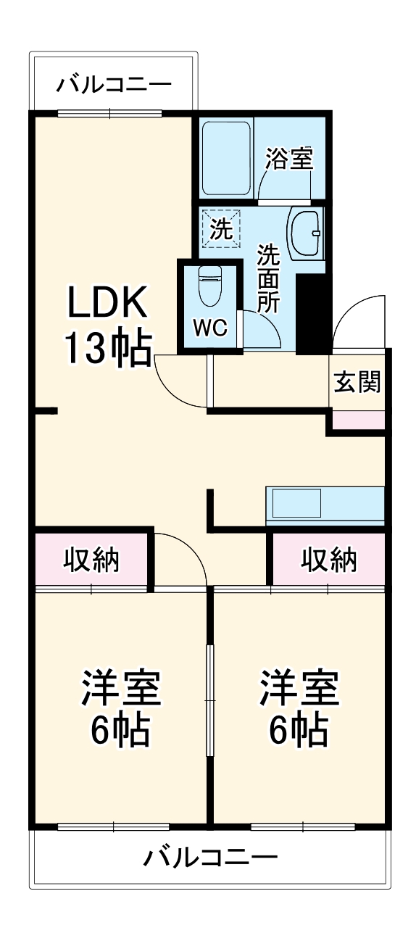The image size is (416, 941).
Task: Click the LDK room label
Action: [x=108, y=302]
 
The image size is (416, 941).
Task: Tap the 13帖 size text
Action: [x=108, y=348]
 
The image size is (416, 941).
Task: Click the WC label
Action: [x=210, y=328]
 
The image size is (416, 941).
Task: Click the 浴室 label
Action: [x=288, y=159]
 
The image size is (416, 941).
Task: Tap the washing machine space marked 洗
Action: [x=222, y=229]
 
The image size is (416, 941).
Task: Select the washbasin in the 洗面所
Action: [x=307, y=232]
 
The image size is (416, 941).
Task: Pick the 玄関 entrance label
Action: [x=357, y=381]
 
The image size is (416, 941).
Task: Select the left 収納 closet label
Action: [x=91, y=560]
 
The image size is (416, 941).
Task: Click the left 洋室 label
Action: [x=120, y=689]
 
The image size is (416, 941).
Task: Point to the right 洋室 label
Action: [x=299, y=689]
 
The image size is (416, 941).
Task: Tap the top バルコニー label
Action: [x=115, y=84]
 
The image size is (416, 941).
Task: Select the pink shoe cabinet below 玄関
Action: [x=358, y=420]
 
